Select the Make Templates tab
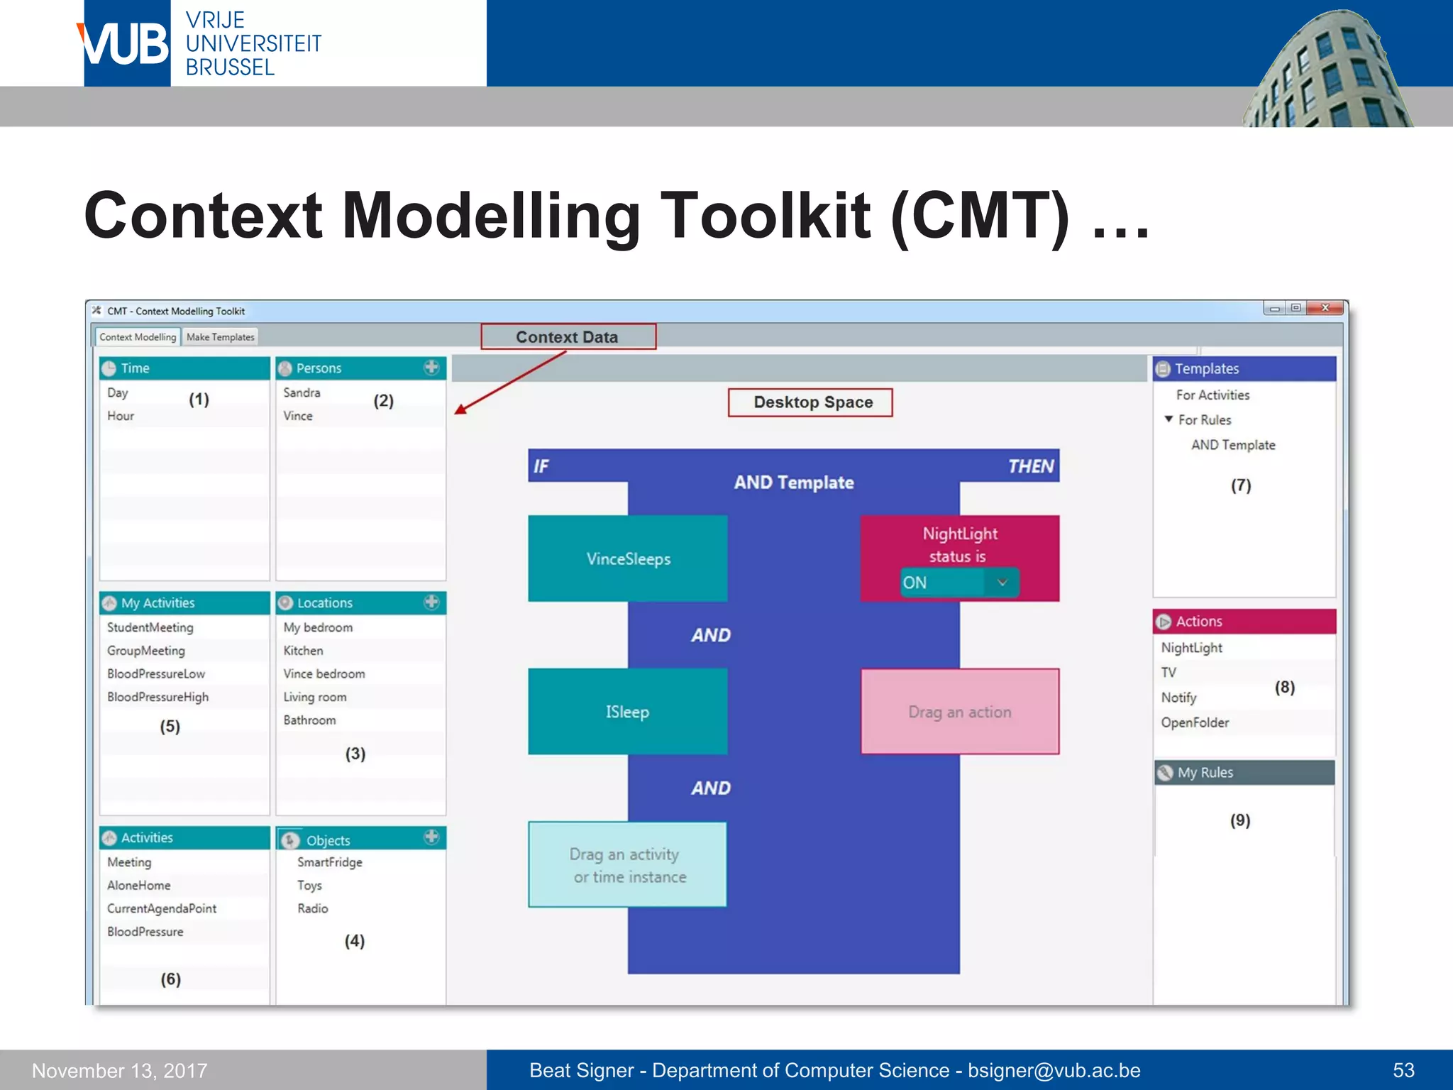pyautogui.click(x=220, y=337)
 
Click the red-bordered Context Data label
pyautogui.click(x=568, y=337)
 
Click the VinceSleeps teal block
pyautogui.click(x=628, y=559)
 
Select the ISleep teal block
pyautogui.click(x=628, y=712)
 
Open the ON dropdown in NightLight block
pyautogui.click(x=1002, y=583)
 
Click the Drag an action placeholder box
pyautogui.click(x=959, y=712)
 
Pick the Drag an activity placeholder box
pyautogui.click(x=628, y=865)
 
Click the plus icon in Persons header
pyautogui.click(x=431, y=368)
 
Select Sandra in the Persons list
pyautogui.click(x=302, y=392)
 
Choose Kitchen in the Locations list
pyautogui.click(x=303, y=651)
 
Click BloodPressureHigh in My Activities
pyautogui.click(x=158, y=697)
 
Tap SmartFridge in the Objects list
pyautogui.click(x=330, y=862)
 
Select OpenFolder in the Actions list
pyautogui.click(x=1195, y=722)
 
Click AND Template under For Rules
pyautogui.click(x=1233, y=445)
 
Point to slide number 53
pyautogui.click(x=1403, y=1070)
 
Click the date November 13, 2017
pyautogui.click(x=120, y=1070)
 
